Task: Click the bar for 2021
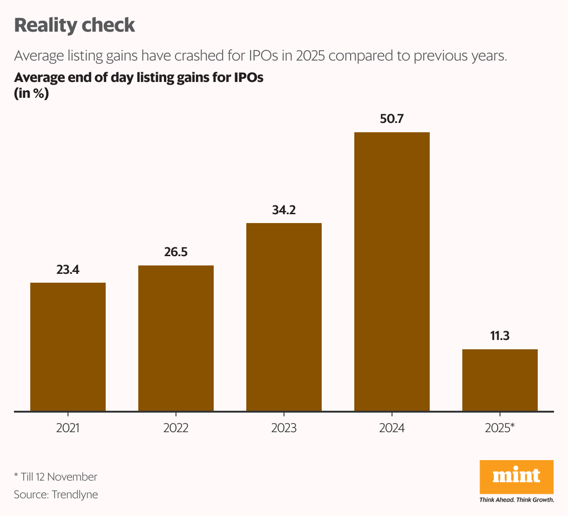pyautogui.click(x=68, y=346)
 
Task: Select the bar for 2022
pyautogui.click(x=176, y=338)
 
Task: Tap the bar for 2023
pyautogui.click(x=284, y=317)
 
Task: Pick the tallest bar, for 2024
pyautogui.click(x=392, y=272)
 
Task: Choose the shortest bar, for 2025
pyautogui.click(x=500, y=380)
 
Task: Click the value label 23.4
pyautogui.click(x=68, y=270)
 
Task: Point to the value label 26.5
pyautogui.click(x=176, y=252)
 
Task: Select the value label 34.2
pyautogui.click(x=284, y=210)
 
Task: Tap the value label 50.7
pyautogui.click(x=392, y=119)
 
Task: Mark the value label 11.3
pyautogui.click(x=500, y=336)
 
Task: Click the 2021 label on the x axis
pyautogui.click(x=68, y=428)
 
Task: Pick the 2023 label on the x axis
pyautogui.click(x=284, y=428)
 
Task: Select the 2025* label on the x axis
pyautogui.click(x=500, y=428)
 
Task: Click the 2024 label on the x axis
pyautogui.click(x=392, y=428)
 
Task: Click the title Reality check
pyautogui.click(x=74, y=25)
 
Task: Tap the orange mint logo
pyautogui.click(x=516, y=477)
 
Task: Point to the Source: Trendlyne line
pyautogui.click(x=56, y=495)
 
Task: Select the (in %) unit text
pyautogui.click(x=31, y=94)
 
